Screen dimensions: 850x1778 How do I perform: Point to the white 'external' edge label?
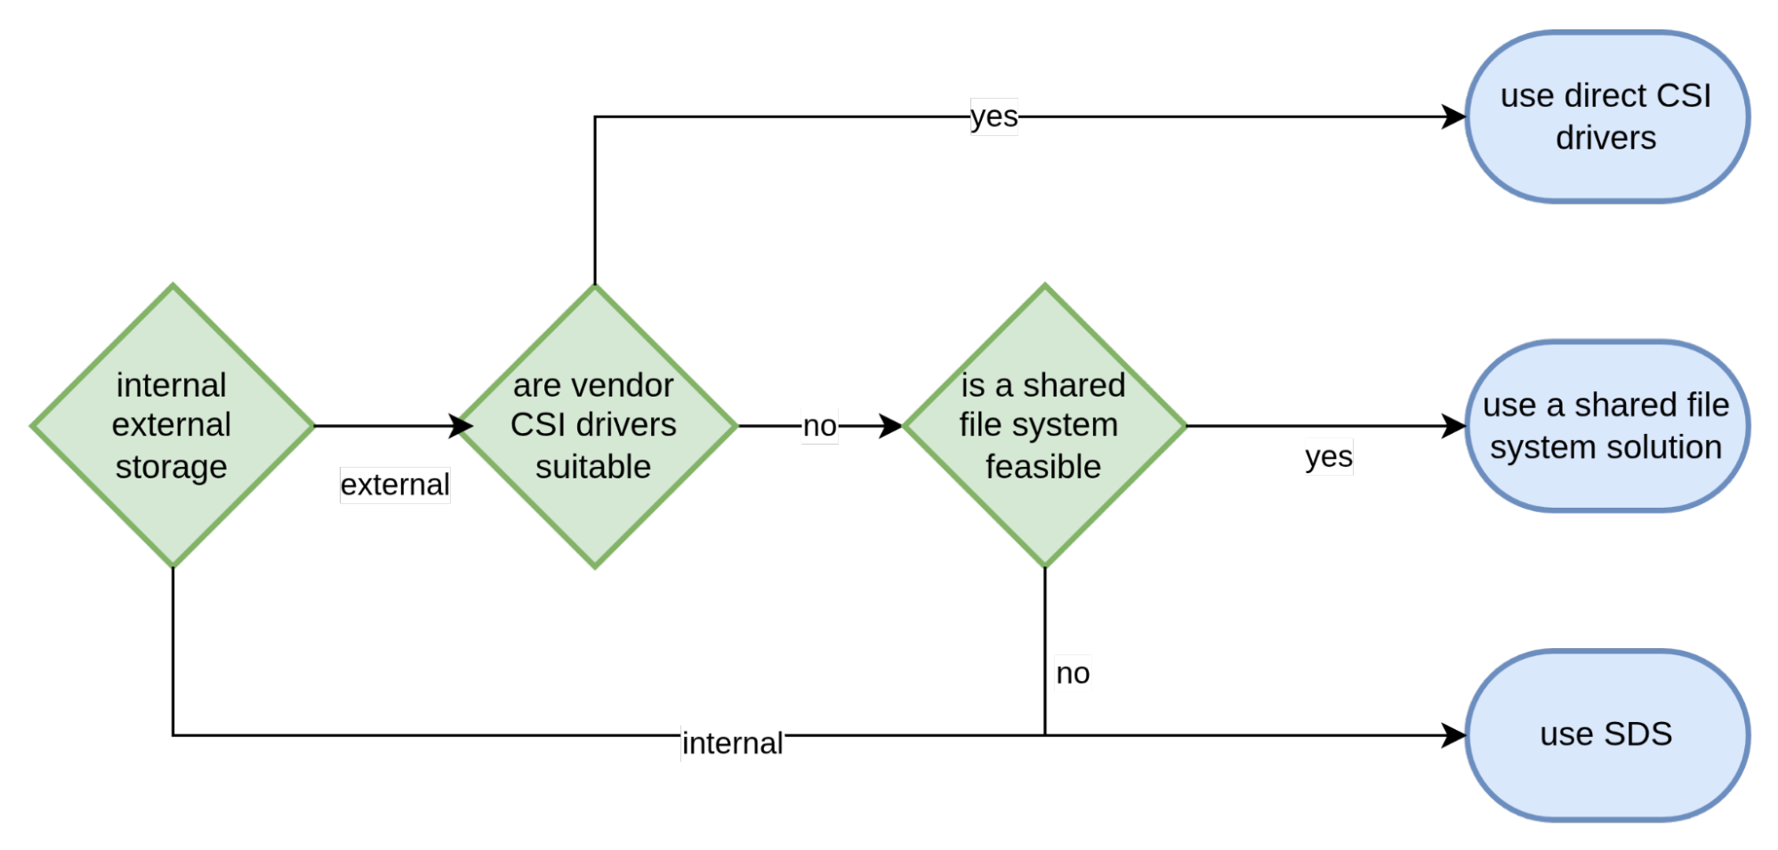click(x=395, y=485)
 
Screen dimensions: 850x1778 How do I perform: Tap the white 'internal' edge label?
click(x=733, y=743)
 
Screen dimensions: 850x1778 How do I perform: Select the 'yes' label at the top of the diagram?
click(x=994, y=116)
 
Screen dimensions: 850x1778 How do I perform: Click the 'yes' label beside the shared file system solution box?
click(x=1329, y=457)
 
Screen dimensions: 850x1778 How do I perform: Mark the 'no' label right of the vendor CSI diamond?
click(x=819, y=426)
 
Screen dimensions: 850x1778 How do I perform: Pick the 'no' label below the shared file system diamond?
click(x=1073, y=673)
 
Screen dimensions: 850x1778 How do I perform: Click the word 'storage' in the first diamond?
click(x=172, y=467)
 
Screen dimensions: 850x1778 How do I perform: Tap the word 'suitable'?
click(x=593, y=467)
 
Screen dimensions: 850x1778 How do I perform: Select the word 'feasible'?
click(x=1043, y=467)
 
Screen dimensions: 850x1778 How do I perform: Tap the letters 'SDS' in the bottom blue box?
click(x=1637, y=734)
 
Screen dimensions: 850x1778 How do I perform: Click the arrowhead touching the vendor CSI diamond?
click(x=463, y=427)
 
